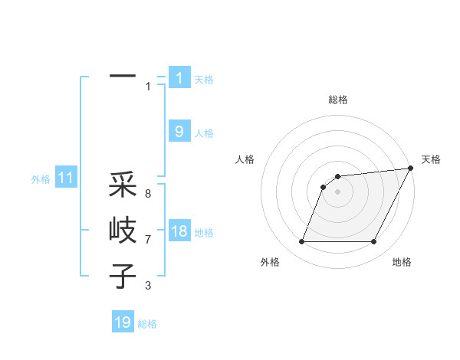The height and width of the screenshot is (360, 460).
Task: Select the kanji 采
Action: click(x=123, y=185)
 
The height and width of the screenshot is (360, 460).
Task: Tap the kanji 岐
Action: click(x=123, y=230)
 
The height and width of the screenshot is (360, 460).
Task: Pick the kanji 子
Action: click(x=123, y=275)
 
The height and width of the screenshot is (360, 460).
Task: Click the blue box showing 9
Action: click(x=179, y=132)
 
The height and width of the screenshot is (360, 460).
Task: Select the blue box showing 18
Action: click(x=179, y=231)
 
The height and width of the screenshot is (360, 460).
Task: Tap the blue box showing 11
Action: click(x=65, y=178)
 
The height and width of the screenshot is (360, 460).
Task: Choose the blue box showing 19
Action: click(x=123, y=322)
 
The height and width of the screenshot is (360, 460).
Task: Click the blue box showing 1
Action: click(x=179, y=78)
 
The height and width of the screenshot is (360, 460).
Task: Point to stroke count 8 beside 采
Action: click(x=148, y=194)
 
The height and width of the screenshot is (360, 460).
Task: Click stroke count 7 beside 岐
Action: click(x=148, y=240)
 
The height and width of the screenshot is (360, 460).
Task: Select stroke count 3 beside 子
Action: click(x=148, y=286)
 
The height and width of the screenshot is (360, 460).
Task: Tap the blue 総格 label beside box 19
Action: click(x=147, y=324)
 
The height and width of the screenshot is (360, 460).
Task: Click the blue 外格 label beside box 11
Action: click(x=41, y=179)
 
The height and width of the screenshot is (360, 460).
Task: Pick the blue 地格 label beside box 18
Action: click(x=204, y=233)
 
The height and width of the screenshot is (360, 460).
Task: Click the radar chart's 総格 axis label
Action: click(x=337, y=100)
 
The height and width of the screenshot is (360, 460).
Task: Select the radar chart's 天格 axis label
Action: click(x=431, y=159)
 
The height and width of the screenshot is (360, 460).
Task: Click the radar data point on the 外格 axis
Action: click(x=301, y=242)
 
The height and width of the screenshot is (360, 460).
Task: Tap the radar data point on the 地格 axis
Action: click(x=373, y=242)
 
